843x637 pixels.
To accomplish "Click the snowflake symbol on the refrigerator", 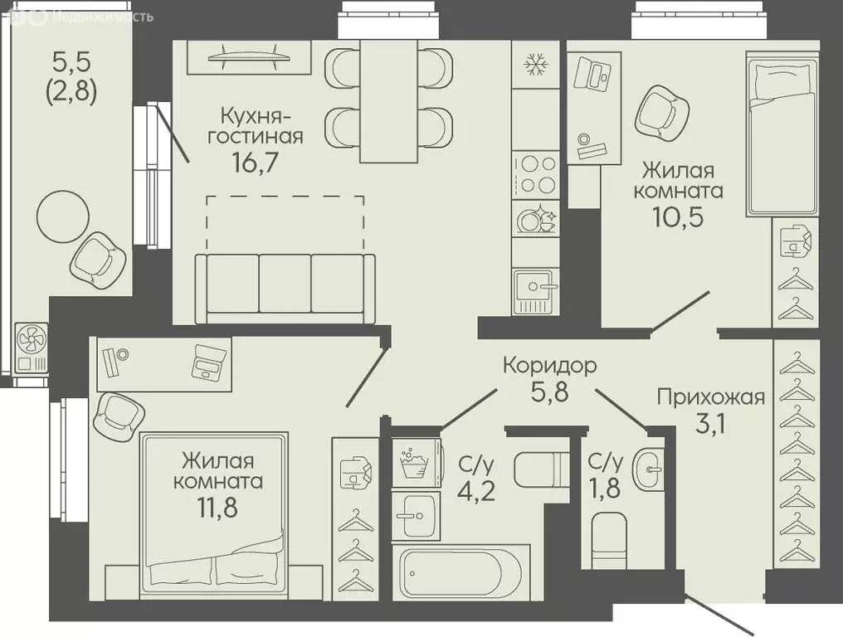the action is click(535, 65).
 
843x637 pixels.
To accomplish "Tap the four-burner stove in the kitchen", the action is click(536, 174).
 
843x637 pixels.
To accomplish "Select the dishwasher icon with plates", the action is click(536, 217).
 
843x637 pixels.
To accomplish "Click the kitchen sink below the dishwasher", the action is click(536, 292).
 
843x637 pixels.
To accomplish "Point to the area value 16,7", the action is click(256, 162).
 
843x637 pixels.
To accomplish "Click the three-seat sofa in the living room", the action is click(285, 289).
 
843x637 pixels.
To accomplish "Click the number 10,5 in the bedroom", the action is click(678, 216).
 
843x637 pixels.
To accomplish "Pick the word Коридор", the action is click(550, 366).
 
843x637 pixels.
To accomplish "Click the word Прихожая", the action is click(711, 398).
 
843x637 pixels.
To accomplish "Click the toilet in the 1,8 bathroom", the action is click(609, 540).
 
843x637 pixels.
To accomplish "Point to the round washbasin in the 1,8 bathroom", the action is click(648, 469).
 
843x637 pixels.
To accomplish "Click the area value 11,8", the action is click(217, 507).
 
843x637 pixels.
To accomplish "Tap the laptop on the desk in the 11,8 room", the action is click(208, 362).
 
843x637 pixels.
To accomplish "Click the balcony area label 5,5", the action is click(71, 62).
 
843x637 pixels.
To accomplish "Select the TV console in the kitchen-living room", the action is click(249, 57).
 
